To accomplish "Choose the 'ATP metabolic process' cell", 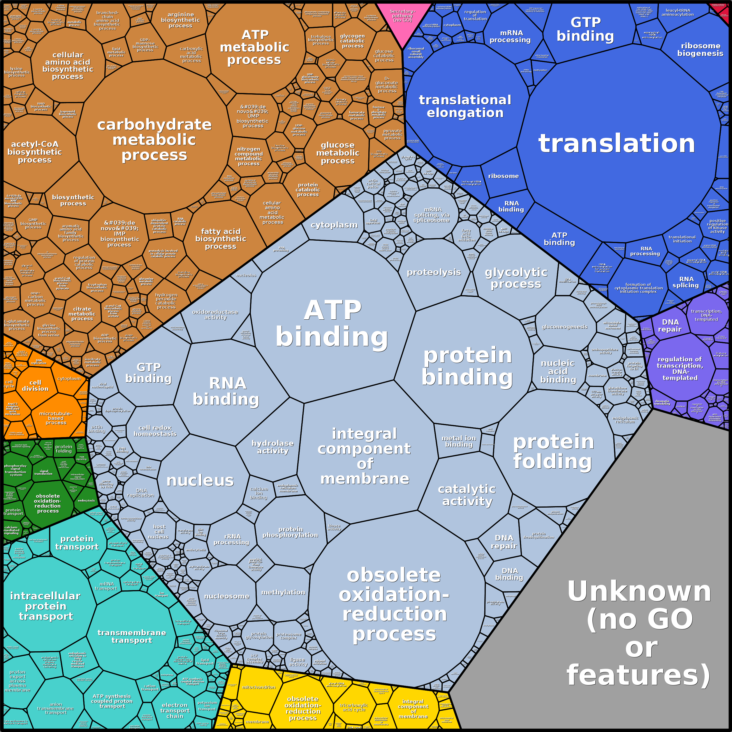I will point(255,47).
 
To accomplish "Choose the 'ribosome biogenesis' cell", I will point(700,49).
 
